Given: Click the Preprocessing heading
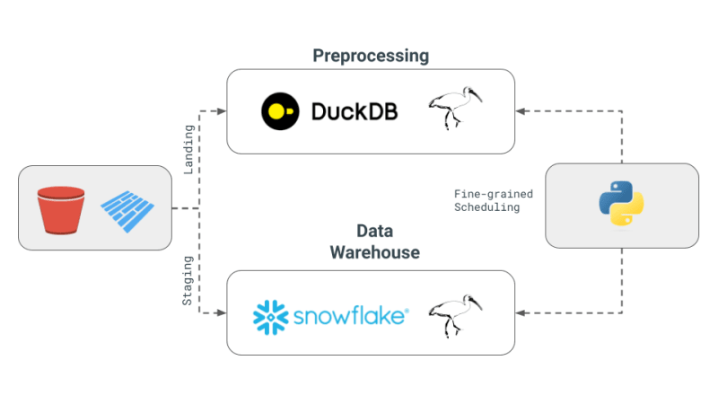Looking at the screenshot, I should [x=371, y=56].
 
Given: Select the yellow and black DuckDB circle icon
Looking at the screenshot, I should [x=279, y=111].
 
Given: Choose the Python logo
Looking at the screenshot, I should [x=621, y=205].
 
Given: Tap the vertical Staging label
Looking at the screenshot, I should [x=188, y=281].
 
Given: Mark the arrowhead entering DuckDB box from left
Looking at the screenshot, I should [x=221, y=111].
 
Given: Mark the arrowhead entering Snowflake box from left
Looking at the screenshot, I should [x=221, y=313].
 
